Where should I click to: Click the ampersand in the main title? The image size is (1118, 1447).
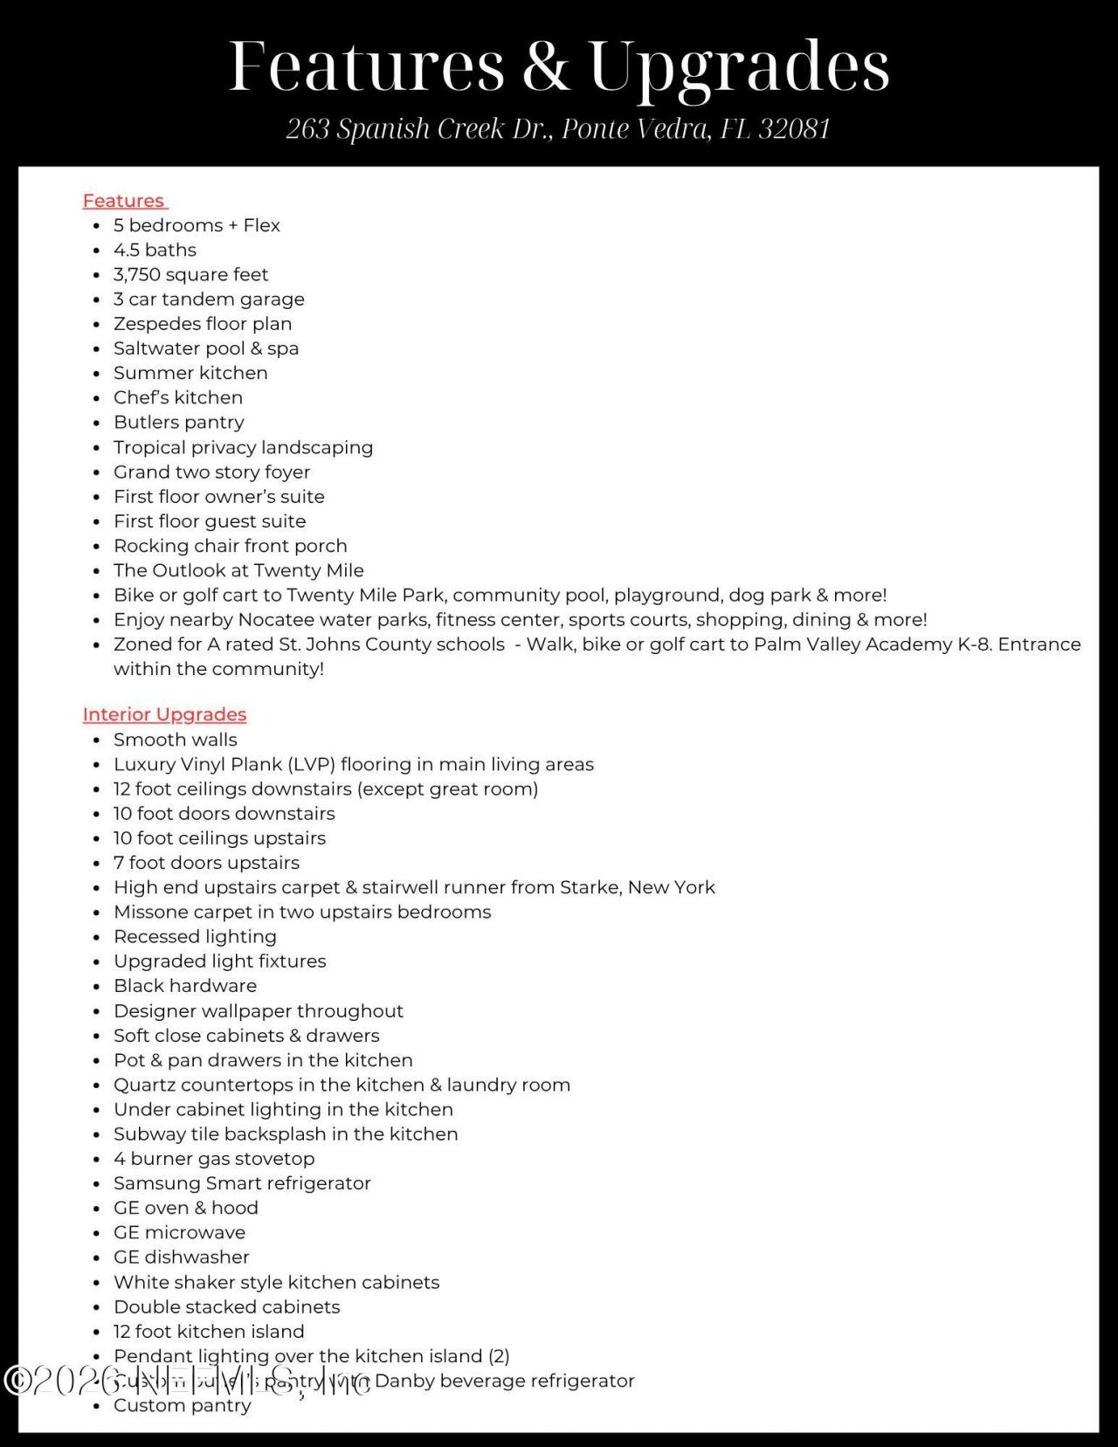pos(546,66)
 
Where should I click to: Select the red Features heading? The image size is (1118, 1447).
pos(124,201)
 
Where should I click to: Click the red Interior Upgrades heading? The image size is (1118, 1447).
pos(164,714)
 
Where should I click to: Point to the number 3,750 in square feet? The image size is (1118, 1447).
pos(136,274)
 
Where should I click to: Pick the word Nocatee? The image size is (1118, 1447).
pos(276,620)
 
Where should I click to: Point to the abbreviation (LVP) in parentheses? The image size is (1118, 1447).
pos(309,765)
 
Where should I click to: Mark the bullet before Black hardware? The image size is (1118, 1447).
pos(96,987)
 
